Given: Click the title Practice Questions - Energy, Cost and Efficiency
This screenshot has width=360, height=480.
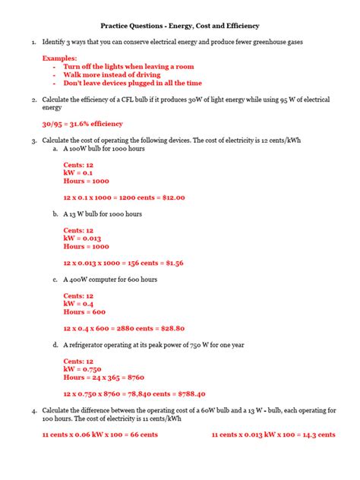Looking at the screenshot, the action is click(179, 24).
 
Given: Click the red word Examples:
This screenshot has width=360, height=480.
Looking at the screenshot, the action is click(59, 58).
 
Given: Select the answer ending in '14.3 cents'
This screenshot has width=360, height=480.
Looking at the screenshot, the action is click(273, 435).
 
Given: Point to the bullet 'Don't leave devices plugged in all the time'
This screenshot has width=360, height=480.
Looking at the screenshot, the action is click(132, 83).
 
